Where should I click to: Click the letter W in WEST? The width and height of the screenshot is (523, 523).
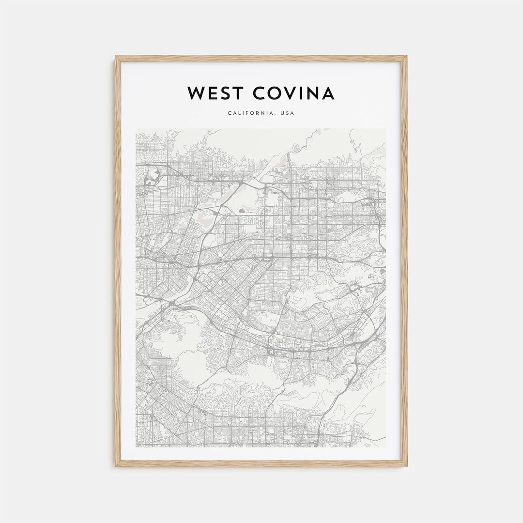tap(196, 93)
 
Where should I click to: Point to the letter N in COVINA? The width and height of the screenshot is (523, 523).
tap(313, 93)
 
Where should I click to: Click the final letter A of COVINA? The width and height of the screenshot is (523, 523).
tap(328, 93)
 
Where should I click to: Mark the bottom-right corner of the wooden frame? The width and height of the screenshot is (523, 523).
tap(406, 466)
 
